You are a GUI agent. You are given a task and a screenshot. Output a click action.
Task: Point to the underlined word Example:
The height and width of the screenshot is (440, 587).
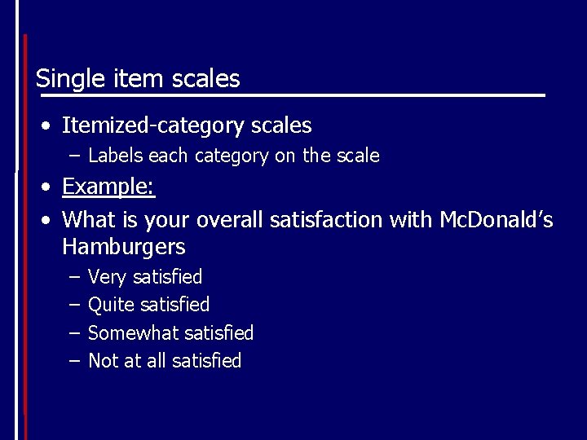108,187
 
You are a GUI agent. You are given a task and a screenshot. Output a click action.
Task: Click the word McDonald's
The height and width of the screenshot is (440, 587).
496,219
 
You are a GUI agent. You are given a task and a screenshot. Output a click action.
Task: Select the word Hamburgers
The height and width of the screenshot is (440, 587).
123,247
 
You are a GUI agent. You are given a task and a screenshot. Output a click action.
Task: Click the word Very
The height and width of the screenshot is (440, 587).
107,277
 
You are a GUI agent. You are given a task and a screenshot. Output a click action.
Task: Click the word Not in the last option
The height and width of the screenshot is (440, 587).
102,360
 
